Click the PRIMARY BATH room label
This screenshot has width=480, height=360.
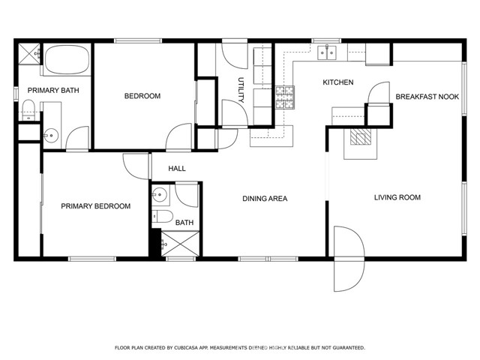53,90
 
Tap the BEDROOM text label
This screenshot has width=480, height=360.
142,96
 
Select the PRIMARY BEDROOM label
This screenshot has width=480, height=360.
95,206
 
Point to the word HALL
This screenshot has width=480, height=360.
177,169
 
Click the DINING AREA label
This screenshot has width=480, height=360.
265,199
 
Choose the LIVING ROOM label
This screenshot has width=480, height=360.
397,198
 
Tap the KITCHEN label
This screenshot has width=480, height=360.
337,82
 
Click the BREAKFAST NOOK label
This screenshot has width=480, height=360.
427,97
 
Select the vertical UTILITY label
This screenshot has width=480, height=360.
241,89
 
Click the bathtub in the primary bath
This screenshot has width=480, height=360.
67,60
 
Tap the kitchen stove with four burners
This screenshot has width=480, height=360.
285,95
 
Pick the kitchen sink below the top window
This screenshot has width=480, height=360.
326,52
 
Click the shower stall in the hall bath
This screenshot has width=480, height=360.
178,244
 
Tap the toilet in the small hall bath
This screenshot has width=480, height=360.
160,218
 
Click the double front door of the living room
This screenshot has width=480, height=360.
348,258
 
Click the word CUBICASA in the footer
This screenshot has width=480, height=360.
186,348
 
